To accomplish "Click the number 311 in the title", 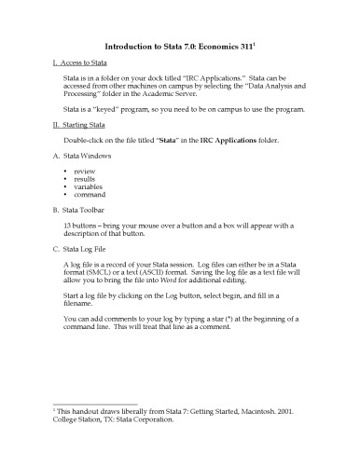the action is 250,44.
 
